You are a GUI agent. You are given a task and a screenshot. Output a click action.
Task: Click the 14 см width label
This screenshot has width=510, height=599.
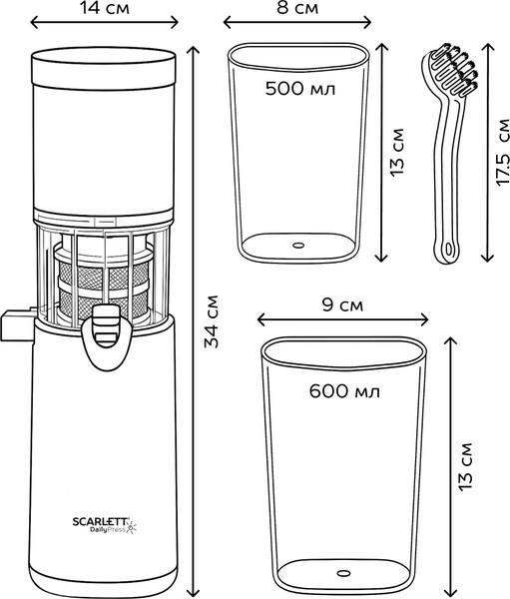pos(104,8)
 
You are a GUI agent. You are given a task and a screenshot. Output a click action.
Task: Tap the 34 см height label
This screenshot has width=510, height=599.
pos(211,321)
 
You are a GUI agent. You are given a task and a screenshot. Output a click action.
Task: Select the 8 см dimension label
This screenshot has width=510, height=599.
pos(297,8)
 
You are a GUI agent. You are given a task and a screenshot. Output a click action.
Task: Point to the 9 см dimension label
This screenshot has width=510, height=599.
pos(342,304)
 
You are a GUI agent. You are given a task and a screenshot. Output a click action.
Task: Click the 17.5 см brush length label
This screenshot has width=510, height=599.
pos(502,153)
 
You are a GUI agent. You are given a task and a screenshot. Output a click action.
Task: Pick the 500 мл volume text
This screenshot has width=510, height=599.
pos(300,89)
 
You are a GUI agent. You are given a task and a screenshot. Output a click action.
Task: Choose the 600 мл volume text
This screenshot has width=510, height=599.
pos(344,391)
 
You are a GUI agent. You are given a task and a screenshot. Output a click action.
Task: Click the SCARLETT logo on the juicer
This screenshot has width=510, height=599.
pos(101,521)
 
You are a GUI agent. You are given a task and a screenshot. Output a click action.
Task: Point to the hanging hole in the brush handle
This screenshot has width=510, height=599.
pos(448,250)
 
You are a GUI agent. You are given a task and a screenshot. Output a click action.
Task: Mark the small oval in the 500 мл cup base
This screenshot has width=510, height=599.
pos(298,245)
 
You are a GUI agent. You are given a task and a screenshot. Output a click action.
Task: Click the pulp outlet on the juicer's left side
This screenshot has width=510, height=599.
pos(17,325)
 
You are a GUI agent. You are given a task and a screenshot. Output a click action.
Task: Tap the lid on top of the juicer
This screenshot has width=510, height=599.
pos(104,66)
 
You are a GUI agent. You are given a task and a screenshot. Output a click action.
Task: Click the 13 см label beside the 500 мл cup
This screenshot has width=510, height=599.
pos(396,152)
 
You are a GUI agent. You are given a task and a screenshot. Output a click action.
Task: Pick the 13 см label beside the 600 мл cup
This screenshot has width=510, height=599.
pos(465,467)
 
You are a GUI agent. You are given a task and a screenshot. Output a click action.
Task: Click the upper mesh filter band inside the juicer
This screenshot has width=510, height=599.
pos(104,274)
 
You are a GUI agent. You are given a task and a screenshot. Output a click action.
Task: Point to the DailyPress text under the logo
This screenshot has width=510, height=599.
pos(108,530)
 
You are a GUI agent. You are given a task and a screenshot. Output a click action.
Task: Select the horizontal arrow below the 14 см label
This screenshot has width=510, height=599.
pos(104,23)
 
